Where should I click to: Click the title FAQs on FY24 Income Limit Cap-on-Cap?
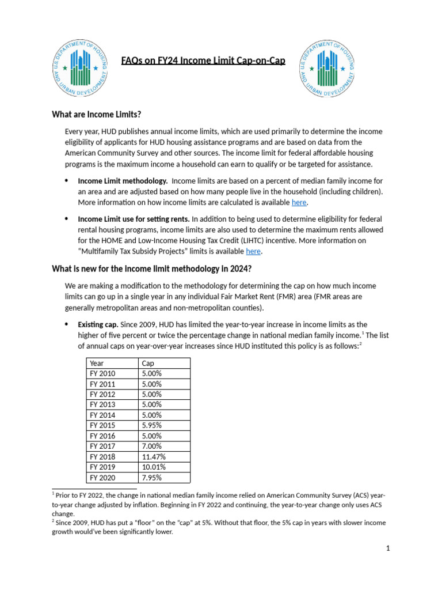click(x=203, y=60)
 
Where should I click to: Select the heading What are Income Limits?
click(x=96, y=114)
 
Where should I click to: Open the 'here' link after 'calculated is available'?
click(x=299, y=202)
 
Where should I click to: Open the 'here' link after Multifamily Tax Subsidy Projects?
click(x=253, y=251)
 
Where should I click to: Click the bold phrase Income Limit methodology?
click(x=123, y=181)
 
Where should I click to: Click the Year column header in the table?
click(x=97, y=364)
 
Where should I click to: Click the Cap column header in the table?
click(x=148, y=364)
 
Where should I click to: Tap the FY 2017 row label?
click(x=103, y=447)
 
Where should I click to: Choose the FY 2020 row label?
click(x=103, y=478)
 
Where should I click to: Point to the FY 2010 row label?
click(x=103, y=374)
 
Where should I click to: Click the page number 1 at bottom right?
click(x=388, y=549)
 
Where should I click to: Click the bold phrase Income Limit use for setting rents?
click(x=134, y=220)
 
